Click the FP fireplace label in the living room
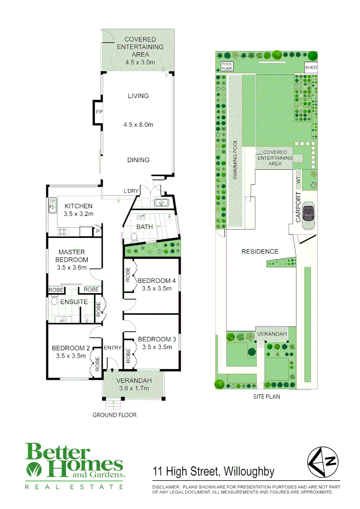coord(98,112)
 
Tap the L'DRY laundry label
coord(132,191)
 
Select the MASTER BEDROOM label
coord(72,256)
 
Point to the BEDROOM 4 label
coord(157,281)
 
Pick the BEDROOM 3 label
coord(157,339)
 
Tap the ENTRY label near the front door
coord(113,348)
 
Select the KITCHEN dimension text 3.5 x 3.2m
coord(79,214)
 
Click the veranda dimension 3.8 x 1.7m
coord(134,388)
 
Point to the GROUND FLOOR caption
coord(115,415)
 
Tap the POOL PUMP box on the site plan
coord(224,68)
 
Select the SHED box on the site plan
coord(311,68)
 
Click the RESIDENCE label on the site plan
coord(260,251)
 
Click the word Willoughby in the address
coord(249,471)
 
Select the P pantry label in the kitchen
coord(98,231)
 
